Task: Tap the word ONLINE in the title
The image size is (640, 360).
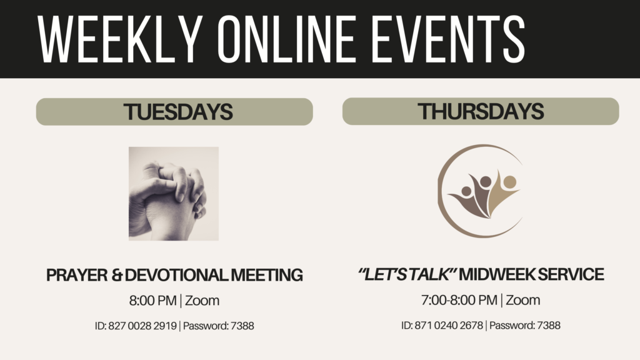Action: [x=286, y=39]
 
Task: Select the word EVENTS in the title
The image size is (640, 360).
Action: [x=448, y=39]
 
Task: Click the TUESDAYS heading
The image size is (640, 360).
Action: [x=178, y=112]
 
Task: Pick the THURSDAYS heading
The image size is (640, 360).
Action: [x=481, y=111]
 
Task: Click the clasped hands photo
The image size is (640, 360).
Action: [x=174, y=194]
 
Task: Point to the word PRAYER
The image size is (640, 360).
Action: [x=77, y=275]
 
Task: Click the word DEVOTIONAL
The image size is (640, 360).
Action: [x=176, y=275]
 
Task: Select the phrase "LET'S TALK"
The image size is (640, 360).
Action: [x=407, y=274]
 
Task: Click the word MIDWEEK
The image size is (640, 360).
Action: [x=496, y=274]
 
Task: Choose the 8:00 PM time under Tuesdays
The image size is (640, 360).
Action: [x=152, y=301]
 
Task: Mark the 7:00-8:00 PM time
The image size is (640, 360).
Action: [x=459, y=300]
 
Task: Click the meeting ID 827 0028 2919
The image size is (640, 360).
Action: [x=142, y=326]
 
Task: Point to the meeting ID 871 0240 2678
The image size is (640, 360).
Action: [x=449, y=325]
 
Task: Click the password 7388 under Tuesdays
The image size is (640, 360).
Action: [x=242, y=326]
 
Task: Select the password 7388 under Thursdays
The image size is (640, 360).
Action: [x=549, y=325]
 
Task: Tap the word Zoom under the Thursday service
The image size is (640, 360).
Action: [x=523, y=300]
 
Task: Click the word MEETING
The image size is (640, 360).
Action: [x=267, y=275]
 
